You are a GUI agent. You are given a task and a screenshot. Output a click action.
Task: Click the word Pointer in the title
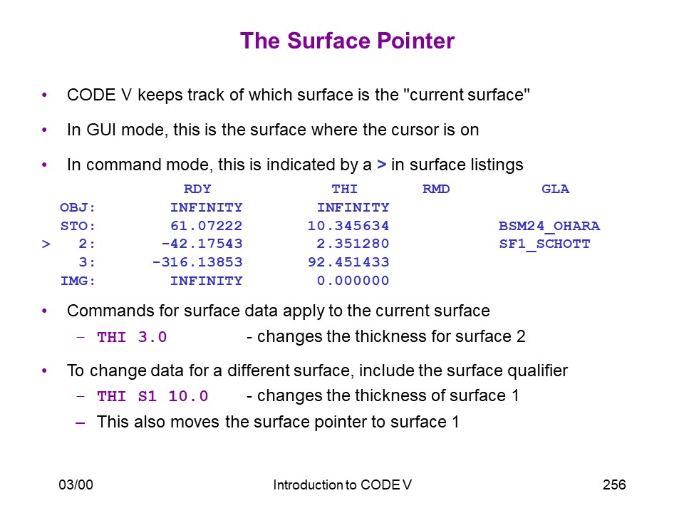pos(415,41)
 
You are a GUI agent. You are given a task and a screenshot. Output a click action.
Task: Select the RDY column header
pos(197,189)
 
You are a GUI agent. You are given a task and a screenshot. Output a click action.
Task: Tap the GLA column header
pos(555,189)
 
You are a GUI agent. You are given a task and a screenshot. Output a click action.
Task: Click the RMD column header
pos(436,189)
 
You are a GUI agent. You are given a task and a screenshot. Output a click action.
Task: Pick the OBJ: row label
pos(78,207)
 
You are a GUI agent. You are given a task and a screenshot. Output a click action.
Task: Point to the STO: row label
pos(78,226)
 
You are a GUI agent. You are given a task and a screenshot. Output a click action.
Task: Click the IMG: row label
pos(78,281)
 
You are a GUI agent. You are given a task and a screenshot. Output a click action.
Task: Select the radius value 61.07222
pos(207,226)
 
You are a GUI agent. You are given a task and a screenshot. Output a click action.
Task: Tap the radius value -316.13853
pos(197,261)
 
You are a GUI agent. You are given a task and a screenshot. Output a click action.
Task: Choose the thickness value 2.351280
pos(353,244)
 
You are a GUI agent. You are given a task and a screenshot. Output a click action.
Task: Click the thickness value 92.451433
pos(348,261)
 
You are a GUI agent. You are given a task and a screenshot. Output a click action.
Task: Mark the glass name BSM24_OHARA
pos(549,226)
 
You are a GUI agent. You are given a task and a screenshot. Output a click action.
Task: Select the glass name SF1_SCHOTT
pos(545,244)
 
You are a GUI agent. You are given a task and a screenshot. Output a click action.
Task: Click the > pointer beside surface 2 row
pos(46,244)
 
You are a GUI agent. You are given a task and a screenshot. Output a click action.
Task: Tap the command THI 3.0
pos(132,337)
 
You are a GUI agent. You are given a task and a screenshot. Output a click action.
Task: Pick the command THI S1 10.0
pos(152,396)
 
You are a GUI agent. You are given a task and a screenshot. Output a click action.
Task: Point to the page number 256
pos(614,484)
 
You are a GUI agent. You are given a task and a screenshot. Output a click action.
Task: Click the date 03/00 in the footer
pos(76,484)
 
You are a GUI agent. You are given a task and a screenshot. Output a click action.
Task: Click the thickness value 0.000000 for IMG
pos(353,281)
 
